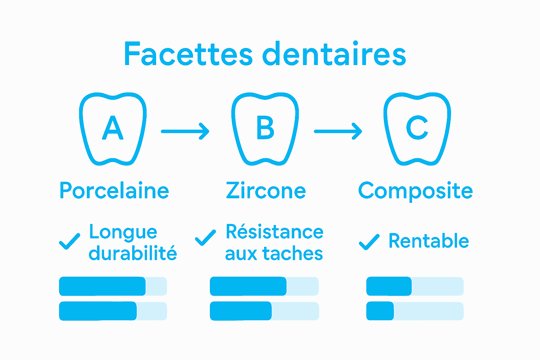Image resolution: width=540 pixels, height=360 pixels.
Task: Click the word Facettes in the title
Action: click(x=188, y=54)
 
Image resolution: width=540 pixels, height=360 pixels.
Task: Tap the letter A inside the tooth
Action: click(x=113, y=128)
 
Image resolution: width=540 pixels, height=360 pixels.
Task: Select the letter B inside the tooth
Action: click(x=265, y=128)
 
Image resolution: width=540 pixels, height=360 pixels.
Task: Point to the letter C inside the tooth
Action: click(x=417, y=128)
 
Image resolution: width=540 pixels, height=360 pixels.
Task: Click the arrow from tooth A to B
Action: click(x=185, y=131)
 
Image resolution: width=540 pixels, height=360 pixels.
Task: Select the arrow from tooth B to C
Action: click(x=338, y=131)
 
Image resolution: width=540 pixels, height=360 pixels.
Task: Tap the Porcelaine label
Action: click(x=114, y=191)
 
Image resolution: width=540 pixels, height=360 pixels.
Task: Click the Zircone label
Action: click(x=266, y=191)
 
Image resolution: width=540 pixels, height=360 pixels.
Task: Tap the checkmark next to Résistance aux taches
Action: click(x=205, y=238)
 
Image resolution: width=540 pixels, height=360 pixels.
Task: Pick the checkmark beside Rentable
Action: click(x=369, y=242)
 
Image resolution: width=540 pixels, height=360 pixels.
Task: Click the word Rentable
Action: click(x=429, y=241)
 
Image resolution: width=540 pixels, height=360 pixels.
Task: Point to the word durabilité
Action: click(x=133, y=253)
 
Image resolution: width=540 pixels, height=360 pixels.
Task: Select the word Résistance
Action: click(x=275, y=232)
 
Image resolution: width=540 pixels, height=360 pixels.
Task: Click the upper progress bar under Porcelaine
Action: click(x=113, y=286)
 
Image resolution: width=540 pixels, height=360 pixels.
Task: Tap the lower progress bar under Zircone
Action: click(x=264, y=311)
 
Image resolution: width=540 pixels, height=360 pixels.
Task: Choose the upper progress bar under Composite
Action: click(x=415, y=286)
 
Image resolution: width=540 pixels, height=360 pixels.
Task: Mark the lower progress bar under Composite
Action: click(x=415, y=311)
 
